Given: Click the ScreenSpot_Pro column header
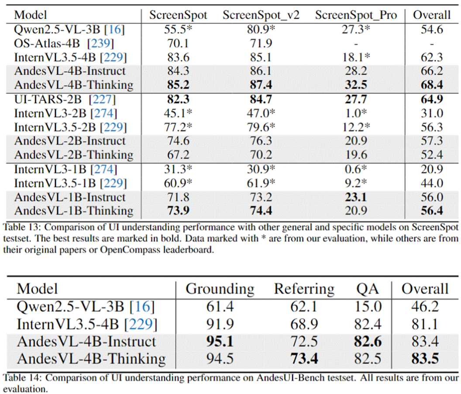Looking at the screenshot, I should click(x=356, y=15).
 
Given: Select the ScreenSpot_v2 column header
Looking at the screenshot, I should click(x=261, y=15).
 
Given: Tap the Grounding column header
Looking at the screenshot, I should click(x=220, y=289).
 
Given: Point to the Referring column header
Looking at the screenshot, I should click(x=304, y=289).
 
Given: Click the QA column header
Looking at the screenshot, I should click(x=368, y=289).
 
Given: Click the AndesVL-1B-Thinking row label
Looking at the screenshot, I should click(x=74, y=211).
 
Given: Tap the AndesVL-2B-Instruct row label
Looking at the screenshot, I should click(x=70, y=141).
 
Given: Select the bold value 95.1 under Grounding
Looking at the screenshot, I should click(x=220, y=341).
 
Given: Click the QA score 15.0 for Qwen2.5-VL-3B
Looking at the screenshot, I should click(x=368, y=307).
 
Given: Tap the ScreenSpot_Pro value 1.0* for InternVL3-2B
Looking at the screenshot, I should click(x=356, y=113).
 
